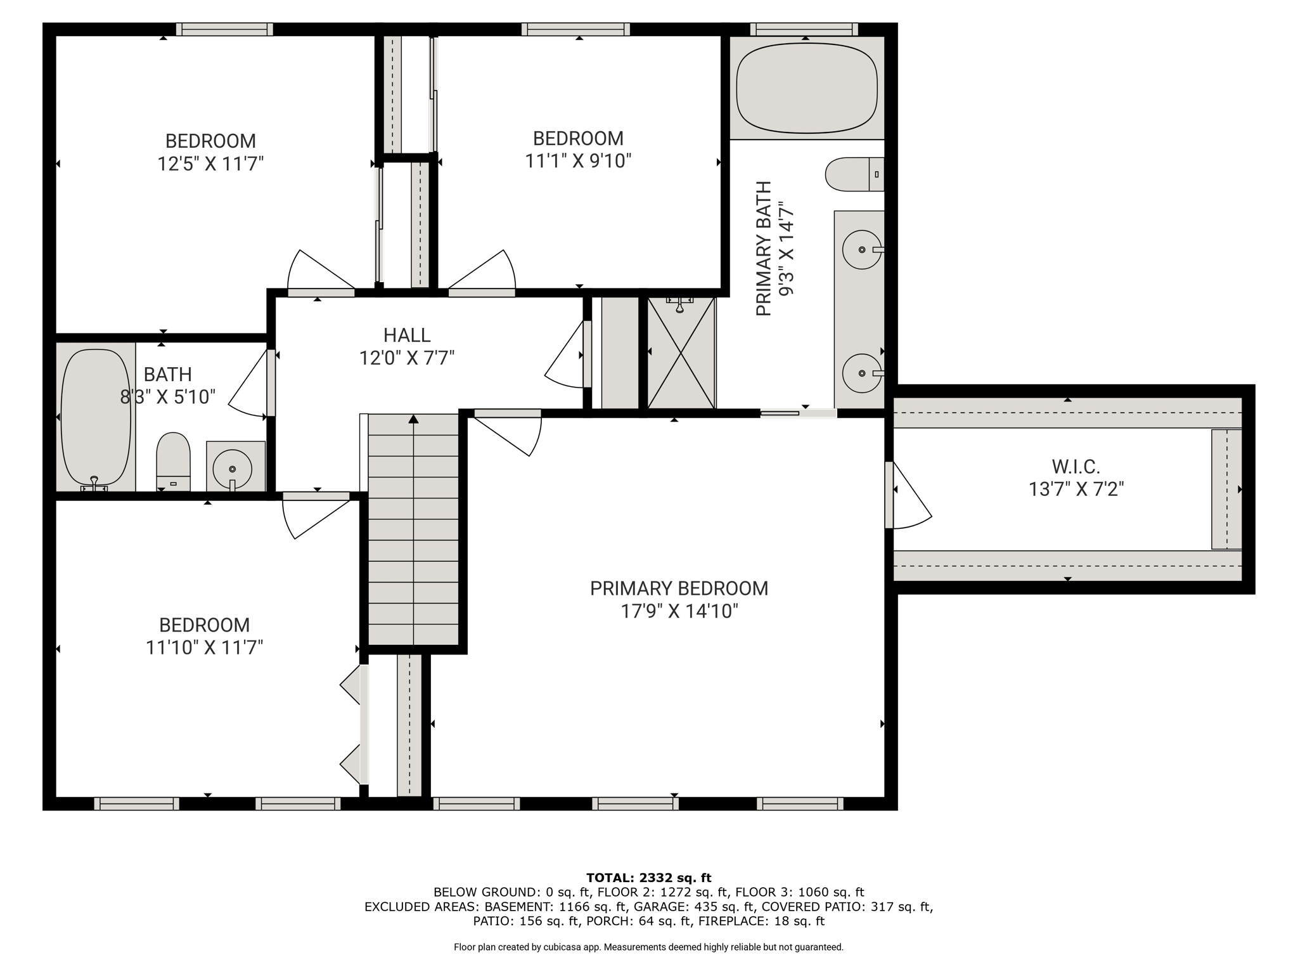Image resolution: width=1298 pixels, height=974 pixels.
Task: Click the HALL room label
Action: pyautogui.click(x=407, y=335)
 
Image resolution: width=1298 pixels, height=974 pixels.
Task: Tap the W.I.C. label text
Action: pyautogui.click(x=1076, y=467)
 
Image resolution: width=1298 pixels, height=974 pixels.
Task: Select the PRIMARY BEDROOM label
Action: pyautogui.click(x=679, y=588)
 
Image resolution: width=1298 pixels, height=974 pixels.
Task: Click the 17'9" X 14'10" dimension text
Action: pyautogui.click(x=679, y=611)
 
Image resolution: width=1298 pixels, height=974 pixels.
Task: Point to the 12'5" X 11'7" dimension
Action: pyautogui.click(x=210, y=164)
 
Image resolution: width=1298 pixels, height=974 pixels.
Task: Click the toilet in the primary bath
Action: pyautogui.click(x=854, y=174)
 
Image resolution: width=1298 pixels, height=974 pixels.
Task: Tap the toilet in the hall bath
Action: pyautogui.click(x=173, y=462)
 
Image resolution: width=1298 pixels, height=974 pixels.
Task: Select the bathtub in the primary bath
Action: pyautogui.click(x=807, y=88)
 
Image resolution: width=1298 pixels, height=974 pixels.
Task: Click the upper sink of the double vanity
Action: pyautogui.click(x=862, y=249)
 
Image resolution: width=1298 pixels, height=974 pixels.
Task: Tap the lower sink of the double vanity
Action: pyautogui.click(x=862, y=373)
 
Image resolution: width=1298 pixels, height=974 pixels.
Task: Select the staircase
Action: pyautogui.click(x=413, y=529)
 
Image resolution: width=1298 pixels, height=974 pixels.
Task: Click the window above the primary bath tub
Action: pyautogui.click(x=804, y=29)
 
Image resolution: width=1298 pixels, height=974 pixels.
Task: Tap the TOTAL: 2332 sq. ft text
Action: pyautogui.click(x=649, y=878)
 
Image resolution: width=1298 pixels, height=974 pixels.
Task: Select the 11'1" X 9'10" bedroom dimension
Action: pyautogui.click(x=578, y=161)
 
